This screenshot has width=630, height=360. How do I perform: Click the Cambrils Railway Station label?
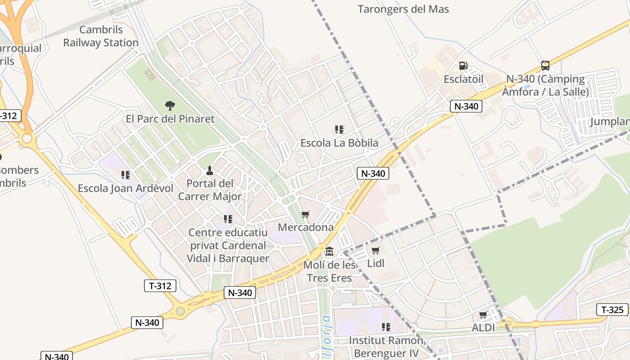[101, 36]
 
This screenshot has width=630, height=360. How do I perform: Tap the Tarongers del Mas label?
[403, 9]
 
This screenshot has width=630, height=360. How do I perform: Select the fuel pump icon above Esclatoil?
[463, 66]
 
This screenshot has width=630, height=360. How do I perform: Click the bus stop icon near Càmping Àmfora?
[545, 66]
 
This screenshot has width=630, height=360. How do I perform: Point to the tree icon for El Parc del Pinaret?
[170, 106]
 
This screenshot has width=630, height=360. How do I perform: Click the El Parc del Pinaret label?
[170, 119]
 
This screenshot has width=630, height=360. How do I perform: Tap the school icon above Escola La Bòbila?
[339, 130]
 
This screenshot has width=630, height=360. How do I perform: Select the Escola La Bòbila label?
[339, 143]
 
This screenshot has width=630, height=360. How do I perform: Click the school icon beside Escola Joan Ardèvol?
[126, 175]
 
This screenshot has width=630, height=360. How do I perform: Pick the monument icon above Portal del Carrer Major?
[209, 170]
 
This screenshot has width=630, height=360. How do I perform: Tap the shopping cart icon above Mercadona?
[306, 214]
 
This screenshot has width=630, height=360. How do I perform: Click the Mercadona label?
[306, 227]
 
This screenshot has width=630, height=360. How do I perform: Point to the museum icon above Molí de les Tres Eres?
[329, 251]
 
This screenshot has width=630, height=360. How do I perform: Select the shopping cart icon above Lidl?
[376, 250]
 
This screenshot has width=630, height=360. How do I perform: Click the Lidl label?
[376, 263]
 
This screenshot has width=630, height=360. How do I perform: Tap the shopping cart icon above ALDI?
[483, 315]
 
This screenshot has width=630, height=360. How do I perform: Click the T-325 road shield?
[612, 310]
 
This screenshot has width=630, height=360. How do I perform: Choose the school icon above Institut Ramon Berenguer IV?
[386, 327]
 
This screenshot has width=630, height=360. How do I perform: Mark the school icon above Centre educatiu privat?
[228, 219]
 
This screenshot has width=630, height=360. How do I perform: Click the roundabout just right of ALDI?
[509, 323]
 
